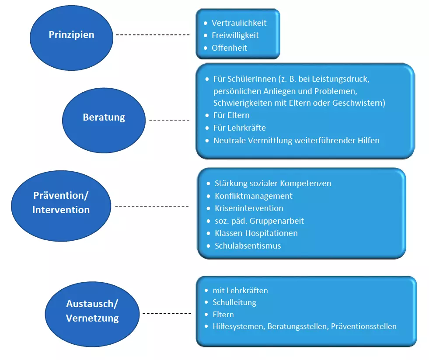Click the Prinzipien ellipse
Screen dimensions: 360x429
[71, 35]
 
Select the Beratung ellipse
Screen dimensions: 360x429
[104, 118]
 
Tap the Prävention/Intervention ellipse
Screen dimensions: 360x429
[61, 202]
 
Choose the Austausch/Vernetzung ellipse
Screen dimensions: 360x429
[92, 312]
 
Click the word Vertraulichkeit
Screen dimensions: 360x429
[239, 23]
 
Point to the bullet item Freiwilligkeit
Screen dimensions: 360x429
[235, 35]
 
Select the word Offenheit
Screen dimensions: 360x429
[229, 48]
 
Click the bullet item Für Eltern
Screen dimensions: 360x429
[231, 115]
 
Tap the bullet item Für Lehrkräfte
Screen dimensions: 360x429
[239, 128]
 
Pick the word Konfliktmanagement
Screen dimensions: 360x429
[254, 196]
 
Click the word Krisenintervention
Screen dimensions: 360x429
[249, 208]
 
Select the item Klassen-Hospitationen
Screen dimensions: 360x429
[256, 233]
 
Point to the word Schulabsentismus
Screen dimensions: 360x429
[248, 246]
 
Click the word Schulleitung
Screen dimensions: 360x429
[234, 302]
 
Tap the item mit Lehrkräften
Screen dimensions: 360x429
[240, 291]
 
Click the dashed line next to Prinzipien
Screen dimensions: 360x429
[154, 35]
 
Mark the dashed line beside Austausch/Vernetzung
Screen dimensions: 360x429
[167, 313]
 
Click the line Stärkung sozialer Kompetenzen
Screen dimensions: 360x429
[273, 183]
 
